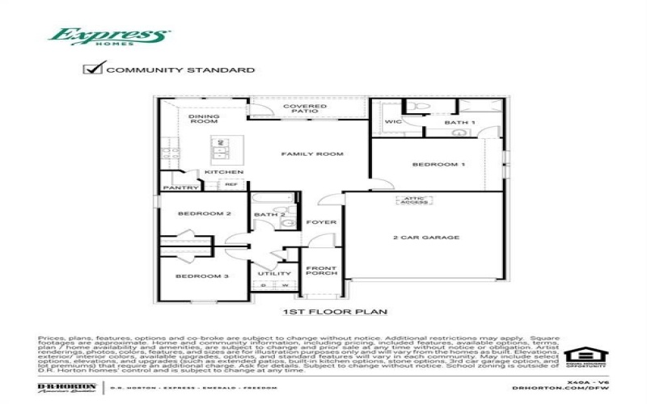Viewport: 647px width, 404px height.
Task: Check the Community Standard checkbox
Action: click(x=92, y=69)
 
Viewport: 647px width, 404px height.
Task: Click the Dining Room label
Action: click(x=204, y=119)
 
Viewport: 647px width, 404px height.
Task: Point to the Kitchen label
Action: click(x=224, y=172)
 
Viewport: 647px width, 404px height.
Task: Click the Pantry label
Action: click(x=180, y=187)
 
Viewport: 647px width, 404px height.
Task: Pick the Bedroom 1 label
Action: click(x=439, y=164)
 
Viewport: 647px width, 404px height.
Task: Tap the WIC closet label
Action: click(x=393, y=122)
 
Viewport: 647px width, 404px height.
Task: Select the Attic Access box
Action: click(x=412, y=200)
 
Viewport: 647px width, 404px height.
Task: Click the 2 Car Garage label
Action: click(x=426, y=238)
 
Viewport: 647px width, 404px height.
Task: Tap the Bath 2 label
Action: click(x=265, y=214)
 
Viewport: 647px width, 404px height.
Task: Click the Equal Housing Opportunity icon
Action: click(x=585, y=356)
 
